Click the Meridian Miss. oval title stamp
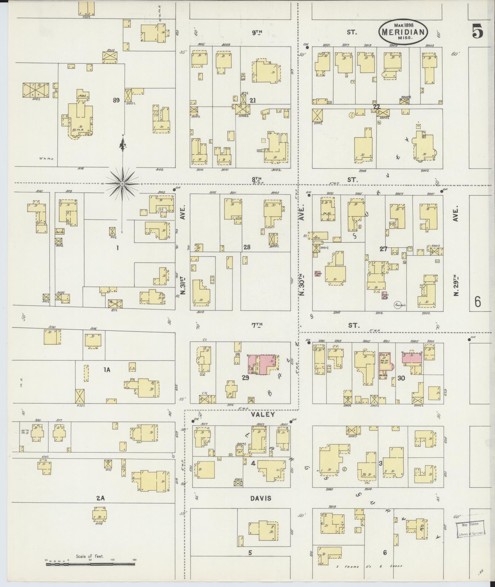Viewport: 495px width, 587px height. [x=404, y=32]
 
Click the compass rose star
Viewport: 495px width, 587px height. [x=122, y=183]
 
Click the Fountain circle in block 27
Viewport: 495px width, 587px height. [x=400, y=305]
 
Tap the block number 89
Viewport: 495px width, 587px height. [x=116, y=100]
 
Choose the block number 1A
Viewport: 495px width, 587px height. [x=106, y=370]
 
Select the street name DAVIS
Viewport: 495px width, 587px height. [x=261, y=498]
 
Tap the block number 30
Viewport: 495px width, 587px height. [x=401, y=378]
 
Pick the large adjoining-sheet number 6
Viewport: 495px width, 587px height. [x=478, y=302]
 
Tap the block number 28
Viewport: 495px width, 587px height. [x=246, y=247]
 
